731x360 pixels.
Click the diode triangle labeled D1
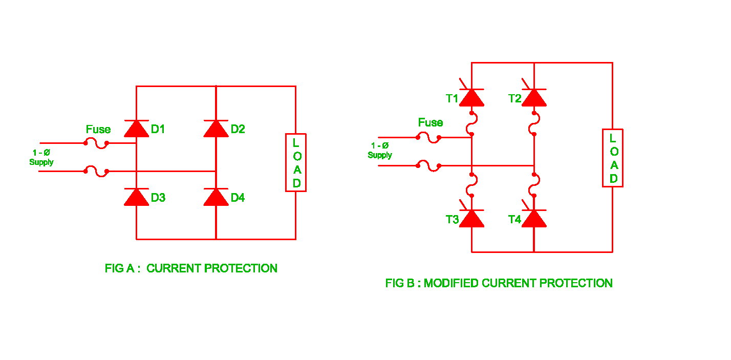coord(136,129)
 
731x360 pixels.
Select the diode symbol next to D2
coord(216,129)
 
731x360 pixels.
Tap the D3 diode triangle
coord(136,197)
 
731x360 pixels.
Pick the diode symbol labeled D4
coord(216,197)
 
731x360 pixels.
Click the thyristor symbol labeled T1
coord(471,98)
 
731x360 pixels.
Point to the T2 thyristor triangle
coord(534,98)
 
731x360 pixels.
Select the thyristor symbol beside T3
coord(471,219)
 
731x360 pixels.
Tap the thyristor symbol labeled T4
coord(534,219)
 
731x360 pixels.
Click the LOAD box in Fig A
coord(296,162)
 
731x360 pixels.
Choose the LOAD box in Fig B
coord(612,158)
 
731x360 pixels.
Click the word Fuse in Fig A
coord(98,129)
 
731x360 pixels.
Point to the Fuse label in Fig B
coord(431,122)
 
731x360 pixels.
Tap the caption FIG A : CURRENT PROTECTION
coord(191,268)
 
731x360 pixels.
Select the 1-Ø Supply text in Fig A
coord(41,157)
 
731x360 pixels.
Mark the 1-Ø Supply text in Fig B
coord(380,151)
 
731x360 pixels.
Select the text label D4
coord(238,198)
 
